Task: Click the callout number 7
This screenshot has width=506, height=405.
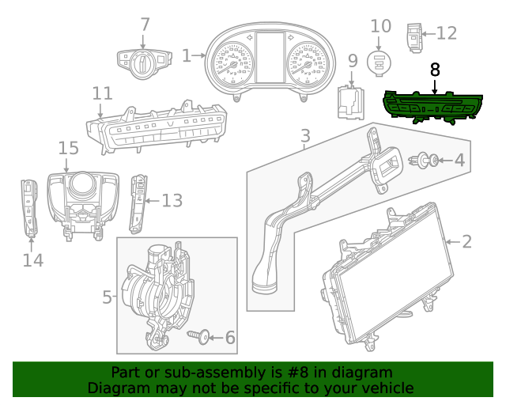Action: click(145, 25)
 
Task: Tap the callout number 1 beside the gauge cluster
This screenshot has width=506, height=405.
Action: click(187, 55)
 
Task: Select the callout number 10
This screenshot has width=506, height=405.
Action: click(381, 26)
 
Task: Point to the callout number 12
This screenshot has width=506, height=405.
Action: click(446, 33)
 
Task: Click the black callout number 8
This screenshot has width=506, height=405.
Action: click(435, 70)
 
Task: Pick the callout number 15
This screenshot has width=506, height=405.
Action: click(69, 148)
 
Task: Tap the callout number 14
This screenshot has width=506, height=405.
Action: click(32, 259)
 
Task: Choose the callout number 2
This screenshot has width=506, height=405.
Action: click(466, 241)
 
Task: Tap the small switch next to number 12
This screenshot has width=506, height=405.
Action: click(413, 37)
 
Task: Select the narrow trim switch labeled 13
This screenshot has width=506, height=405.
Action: click(139, 202)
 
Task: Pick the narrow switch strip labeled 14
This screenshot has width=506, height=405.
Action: click(30, 209)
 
